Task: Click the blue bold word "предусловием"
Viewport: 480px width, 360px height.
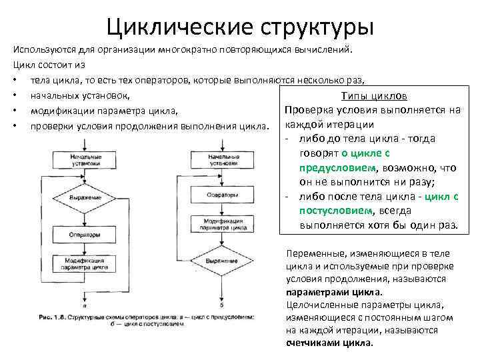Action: coord(334,169)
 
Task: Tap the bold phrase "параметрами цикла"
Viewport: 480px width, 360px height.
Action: coord(333,292)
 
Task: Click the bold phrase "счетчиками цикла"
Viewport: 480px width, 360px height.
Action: coord(329,343)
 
